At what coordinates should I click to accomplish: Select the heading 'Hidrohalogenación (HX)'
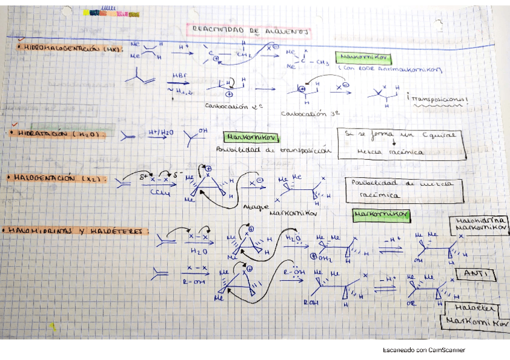(69, 48)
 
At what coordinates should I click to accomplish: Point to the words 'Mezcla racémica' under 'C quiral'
(389, 152)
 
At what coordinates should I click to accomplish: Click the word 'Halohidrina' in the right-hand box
(478, 221)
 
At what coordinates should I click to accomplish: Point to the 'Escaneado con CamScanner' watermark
(423, 350)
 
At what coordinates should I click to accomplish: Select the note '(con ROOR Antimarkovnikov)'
(390, 70)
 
